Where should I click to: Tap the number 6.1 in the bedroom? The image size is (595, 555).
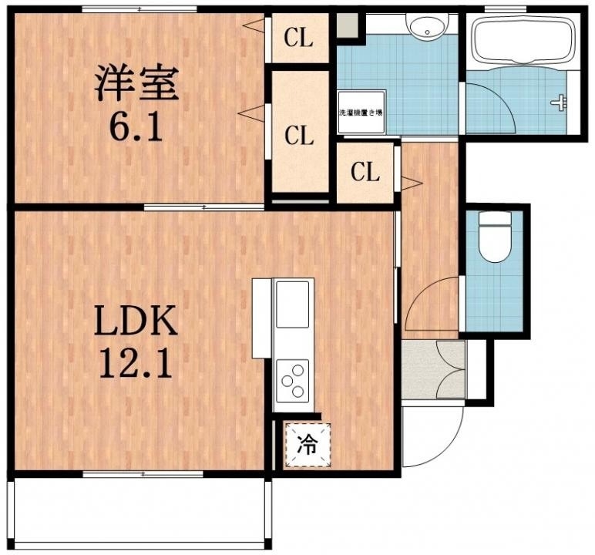coord(136,127)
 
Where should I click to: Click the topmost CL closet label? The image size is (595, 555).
coord(299,37)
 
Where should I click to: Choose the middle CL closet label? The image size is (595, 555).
coord(299,136)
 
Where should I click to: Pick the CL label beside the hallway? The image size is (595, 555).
coord(365,172)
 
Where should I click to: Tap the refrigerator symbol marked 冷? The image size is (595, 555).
coord(307,446)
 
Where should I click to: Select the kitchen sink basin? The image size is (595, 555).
coord(292,304)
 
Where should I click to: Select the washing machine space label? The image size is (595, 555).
coord(361,113)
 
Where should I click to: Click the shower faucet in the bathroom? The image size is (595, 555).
coord(560,101)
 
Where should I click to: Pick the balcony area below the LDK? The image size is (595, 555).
coord(139,513)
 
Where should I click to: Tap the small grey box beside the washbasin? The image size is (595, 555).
coord(348,24)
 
